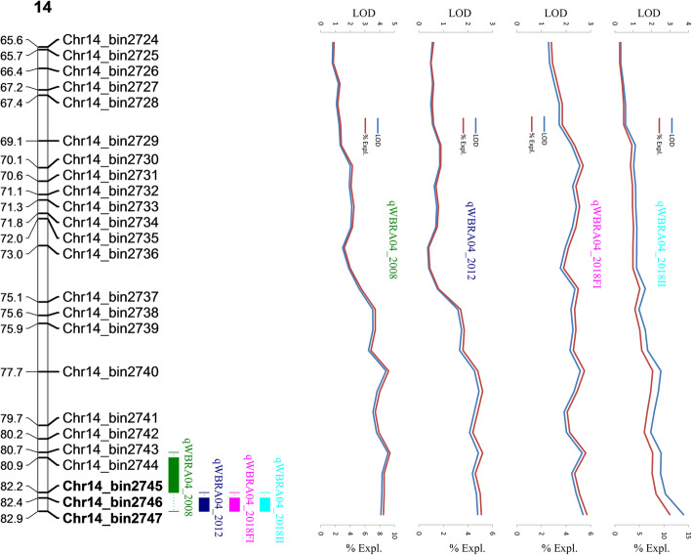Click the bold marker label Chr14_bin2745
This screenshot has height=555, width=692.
click(110, 486)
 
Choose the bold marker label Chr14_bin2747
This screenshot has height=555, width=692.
click(110, 518)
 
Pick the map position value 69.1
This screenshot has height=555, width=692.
click(13, 142)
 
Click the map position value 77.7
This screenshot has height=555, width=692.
click(13, 372)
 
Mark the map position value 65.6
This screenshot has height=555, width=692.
click(13, 41)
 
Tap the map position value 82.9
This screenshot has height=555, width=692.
click(13, 518)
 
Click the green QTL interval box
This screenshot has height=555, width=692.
click(174, 474)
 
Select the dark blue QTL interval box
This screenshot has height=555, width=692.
click(204, 504)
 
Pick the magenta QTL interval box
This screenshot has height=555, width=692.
click(234, 504)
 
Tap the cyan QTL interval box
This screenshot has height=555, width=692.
click(265, 504)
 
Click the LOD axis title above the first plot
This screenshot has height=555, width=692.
click(357, 13)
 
